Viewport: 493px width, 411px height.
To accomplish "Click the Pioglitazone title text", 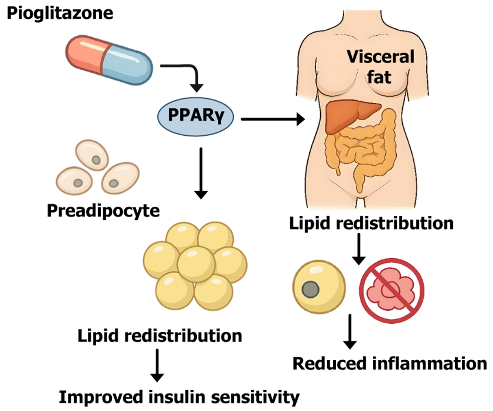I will pyautogui.click(x=60, y=13).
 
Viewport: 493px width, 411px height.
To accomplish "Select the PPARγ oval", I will pyautogui.click(x=195, y=117).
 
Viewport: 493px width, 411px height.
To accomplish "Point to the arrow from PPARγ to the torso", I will pyautogui.click(x=272, y=119).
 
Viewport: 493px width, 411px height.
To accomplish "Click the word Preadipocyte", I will pyautogui.click(x=103, y=211).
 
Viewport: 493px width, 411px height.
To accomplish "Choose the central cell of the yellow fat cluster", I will pyautogui.click(x=196, y=264).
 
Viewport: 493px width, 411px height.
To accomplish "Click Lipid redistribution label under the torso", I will pyautogui.click(x=371, y=223).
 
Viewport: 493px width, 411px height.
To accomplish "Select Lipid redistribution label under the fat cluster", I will pyautogui.click(x=160, y=336).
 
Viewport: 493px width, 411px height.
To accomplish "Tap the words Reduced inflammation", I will pyautogui.click(x=389, y=363).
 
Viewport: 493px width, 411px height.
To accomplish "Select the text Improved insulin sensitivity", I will pyautogui.click(x=179, y=397).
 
